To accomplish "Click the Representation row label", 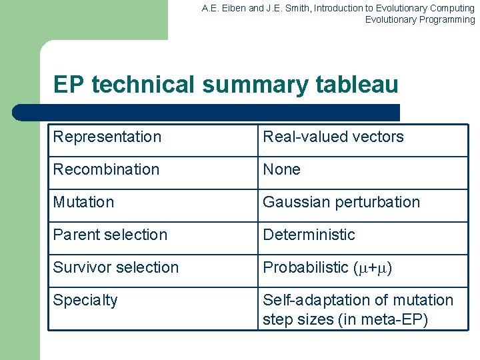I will pyautogui.click(x=107, y=137).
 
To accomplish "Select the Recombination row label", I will pyautogui.click(x=106, y=169).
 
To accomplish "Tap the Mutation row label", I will pyautogui.click(x=83, y=202).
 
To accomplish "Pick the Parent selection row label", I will pyautogui.click(x=110, y=235).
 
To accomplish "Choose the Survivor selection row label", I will pyautogui.click(x=116, y=267).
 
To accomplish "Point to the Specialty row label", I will pyautogui.click(x=85, y=301).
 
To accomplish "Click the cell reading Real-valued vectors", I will pyautogui.click(x=333, y=137).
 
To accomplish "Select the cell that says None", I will pyautogui.click(x=281, y=169).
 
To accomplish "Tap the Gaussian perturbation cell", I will pyautogui.click(x=341, y=202).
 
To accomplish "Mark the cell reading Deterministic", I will pyautogui.click(x=309, y=235).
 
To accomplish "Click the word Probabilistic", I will pyautogui.click(x=306, y=267).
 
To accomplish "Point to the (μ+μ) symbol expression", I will pyautogui.click(x=373, y=268).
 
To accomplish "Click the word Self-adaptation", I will pyautogui.click(x=311, y=300).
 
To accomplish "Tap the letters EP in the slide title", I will pyautogui.click(x=69, y=85).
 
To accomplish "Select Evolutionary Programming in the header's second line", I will pyautogui.click(x=419, y=19).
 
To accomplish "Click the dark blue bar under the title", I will pyautogui.click(x=207, y=112).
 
